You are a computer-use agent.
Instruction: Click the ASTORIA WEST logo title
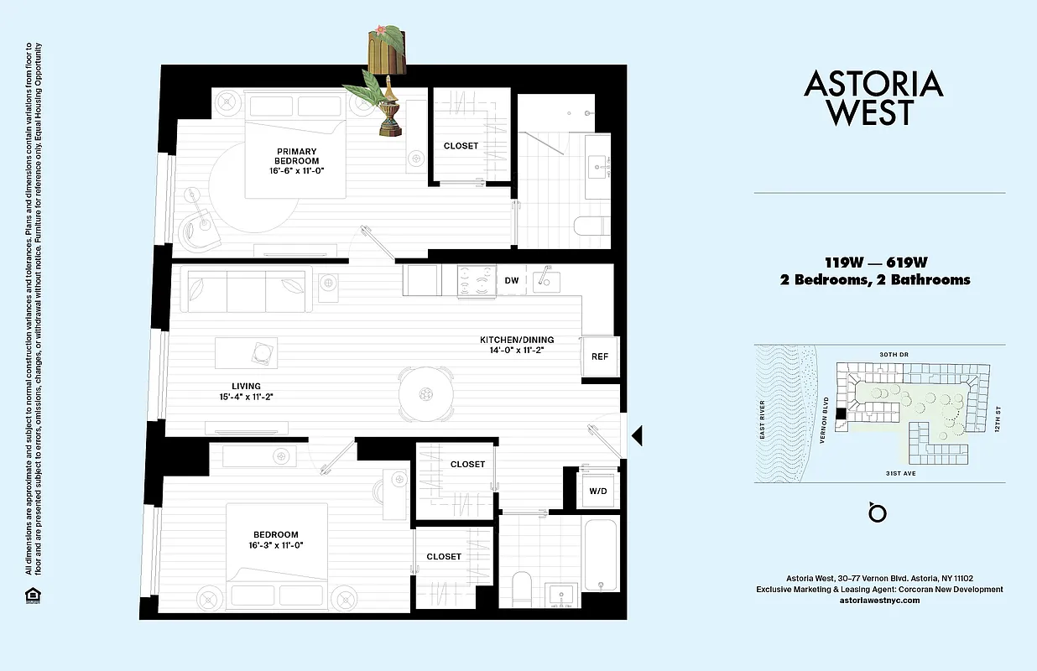[x=873, y=97]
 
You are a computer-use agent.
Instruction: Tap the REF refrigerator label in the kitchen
[x=599, y=356]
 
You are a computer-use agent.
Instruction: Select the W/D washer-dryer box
[x=598, y=491]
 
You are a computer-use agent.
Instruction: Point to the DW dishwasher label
[x=512, y=281]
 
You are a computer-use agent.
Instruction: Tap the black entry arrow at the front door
[x=637, y=434]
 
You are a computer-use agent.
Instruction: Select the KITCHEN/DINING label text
[x=517, y=346]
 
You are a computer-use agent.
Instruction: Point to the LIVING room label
[x=247, y=392]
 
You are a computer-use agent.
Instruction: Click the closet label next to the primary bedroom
[x=461, y=146]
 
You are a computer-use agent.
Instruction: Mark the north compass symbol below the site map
[x=878, y=512]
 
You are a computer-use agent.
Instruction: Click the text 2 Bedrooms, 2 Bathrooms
[x=874, y=280]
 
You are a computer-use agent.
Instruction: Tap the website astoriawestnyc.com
[x=878, y=601]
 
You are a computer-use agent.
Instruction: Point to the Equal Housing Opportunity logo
[x=32, y=596]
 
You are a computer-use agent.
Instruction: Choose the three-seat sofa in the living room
[x=248, y=289]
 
